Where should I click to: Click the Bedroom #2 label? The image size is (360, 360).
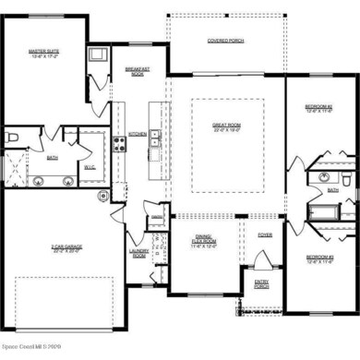pyautogui.click(x=318, y=108)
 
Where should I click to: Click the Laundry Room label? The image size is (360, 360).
pyautogui.click(x=139, y=254)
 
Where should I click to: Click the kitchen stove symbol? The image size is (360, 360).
pyautogui.click(x=119, y=143)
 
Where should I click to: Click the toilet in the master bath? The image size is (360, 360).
pyautogui.click(x=11, y=138)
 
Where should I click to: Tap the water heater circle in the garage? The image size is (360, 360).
pyautogui.click(x=104, y=196)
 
